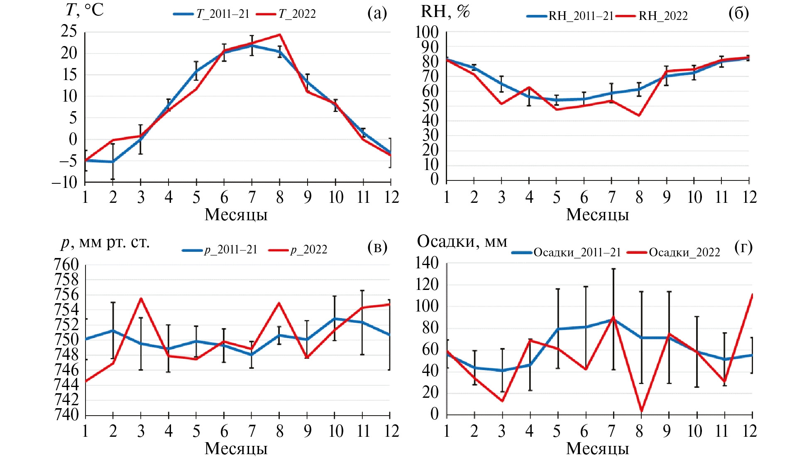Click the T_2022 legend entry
pos(286,14)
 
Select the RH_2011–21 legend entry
pos(571,16)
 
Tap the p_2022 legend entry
pos(298,250)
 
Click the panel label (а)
pos(377,13)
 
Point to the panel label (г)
pos(743,247)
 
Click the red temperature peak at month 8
pos(280,34)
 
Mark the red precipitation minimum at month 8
pos(642,411)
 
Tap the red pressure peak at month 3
pos(141,298)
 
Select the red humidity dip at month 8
pos(639,115)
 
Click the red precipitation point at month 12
pos(752,294)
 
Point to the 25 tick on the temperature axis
pos(69,32)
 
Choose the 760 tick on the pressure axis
pos(66,265)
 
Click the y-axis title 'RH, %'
pos(445,12)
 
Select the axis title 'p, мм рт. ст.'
pos(105,242)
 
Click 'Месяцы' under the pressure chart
pos(236,449)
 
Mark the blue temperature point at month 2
pos(112,162)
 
